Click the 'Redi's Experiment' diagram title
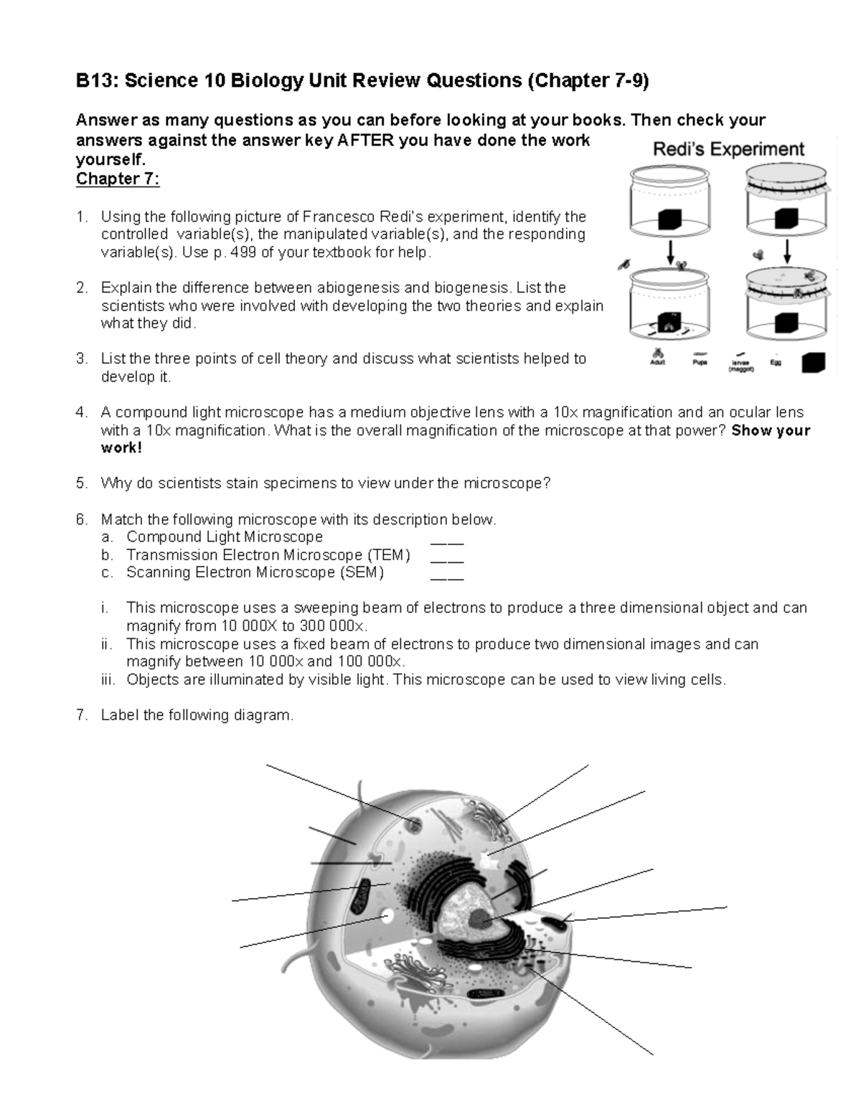[728, 150]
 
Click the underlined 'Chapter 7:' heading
[118, 179]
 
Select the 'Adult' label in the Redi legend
[657, 362]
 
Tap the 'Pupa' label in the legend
[700, 362]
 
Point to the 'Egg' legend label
[776, 362]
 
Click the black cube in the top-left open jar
[671, 217]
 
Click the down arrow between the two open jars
[671, 252]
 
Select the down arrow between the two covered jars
[788, 252]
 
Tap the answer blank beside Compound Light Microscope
[447, 538]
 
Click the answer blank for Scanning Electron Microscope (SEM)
[447, 573]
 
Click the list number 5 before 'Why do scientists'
[81, 483]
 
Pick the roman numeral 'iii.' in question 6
[108, 680]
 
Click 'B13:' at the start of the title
[97, 81]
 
